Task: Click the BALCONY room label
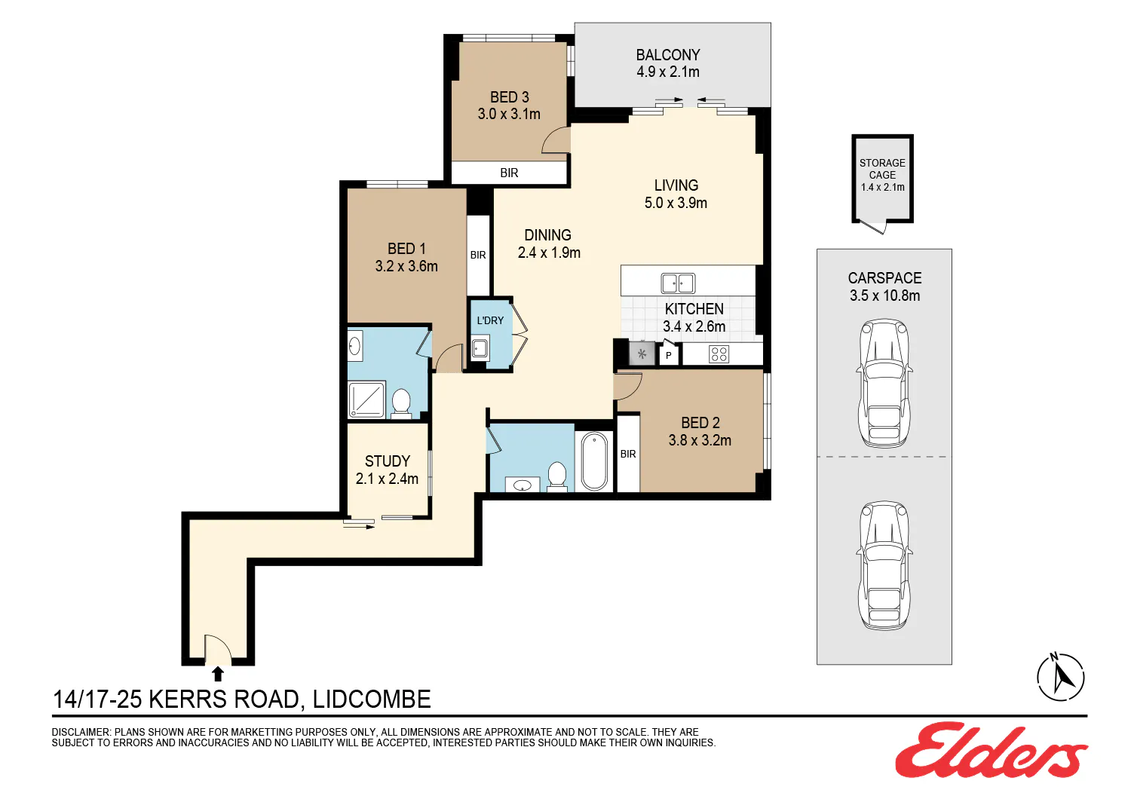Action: tap(667, 54)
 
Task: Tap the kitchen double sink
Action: tap(678, 283)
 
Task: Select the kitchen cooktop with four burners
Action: tap(719, 354)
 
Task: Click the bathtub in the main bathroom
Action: tap(594, 461)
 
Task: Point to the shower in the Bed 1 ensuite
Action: tap(366, 399)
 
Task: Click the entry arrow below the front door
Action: tap(218, 674)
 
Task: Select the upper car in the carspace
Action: tap(884, 383)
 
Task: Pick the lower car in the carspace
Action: tap(884, 565)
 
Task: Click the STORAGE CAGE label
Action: tap(882, 169)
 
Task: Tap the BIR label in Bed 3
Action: tap(509, 173)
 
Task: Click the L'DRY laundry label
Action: tap(490, 320)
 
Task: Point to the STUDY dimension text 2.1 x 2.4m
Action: tap(387, 479)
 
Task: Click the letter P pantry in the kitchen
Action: tap(669, 356)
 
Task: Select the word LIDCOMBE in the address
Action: tap(372, 699)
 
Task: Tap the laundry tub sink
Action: tap(480, 349)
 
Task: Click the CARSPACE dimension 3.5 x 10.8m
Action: tap(884, 295)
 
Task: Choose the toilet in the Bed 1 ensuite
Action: tap(401, 403)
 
